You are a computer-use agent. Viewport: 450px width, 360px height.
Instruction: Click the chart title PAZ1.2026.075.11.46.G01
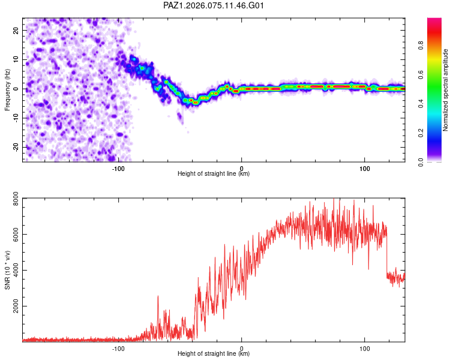point(214,5)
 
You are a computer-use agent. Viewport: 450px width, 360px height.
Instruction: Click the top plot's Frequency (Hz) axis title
point(8,89)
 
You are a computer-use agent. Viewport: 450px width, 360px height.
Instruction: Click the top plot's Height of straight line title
point(214,174)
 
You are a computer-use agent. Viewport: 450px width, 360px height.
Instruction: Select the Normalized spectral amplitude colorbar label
point(446,90)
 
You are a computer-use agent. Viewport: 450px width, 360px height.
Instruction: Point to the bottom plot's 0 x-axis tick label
point(241,347)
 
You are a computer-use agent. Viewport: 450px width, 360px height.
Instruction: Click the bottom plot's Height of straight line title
point(214,354)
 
